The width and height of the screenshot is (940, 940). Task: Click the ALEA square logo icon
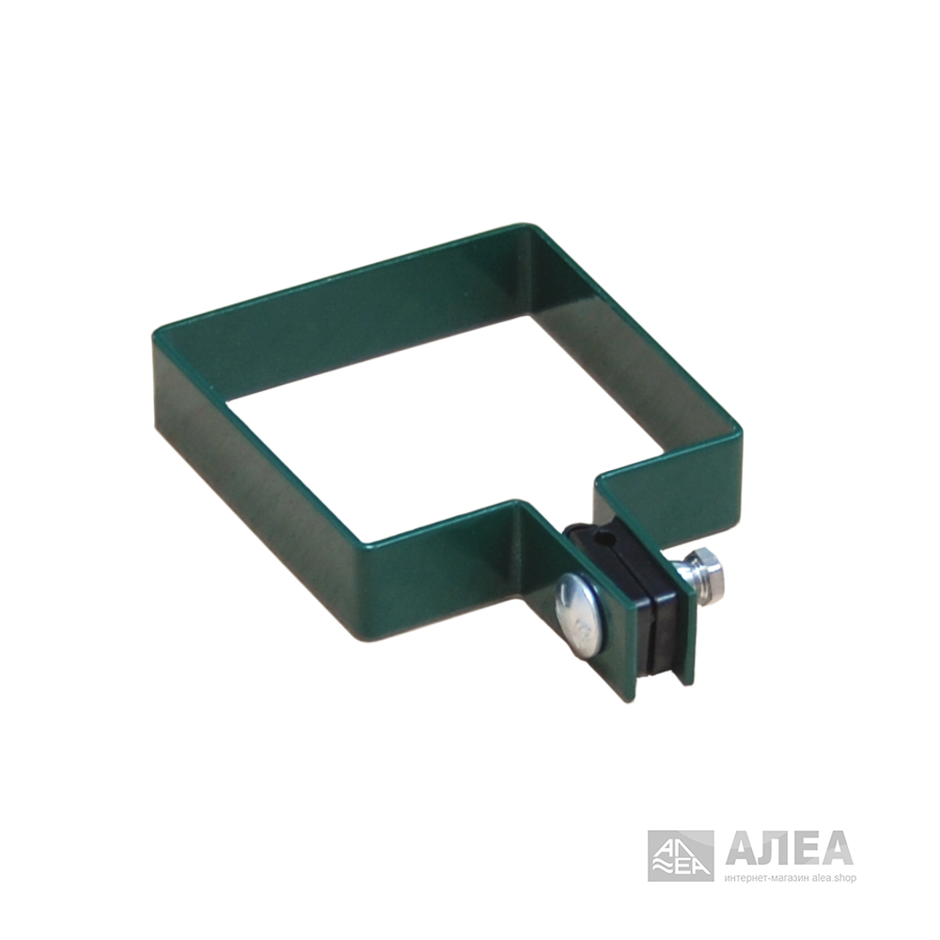click(x=681, y=855)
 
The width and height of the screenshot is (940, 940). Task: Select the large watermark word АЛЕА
click(x=790, y=847)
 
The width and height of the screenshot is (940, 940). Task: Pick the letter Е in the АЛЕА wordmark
click(x=806, y=848)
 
